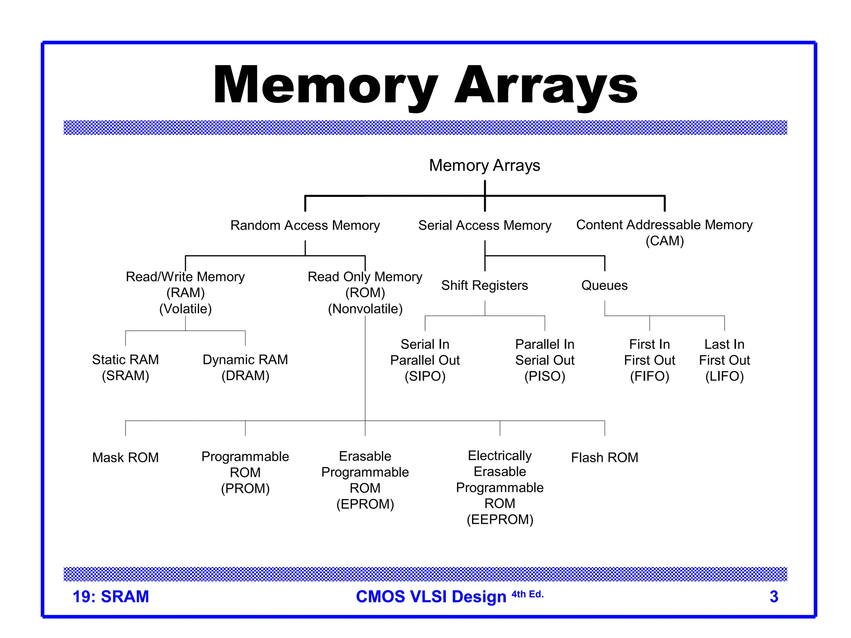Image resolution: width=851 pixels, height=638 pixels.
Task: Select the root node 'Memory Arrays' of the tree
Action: coord(485,165)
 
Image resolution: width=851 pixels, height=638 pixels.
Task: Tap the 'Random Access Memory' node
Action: coord(305,225)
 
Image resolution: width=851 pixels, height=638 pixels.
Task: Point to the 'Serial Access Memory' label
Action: coord(485,225)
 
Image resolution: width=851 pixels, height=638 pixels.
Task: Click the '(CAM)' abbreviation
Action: coord(664,241)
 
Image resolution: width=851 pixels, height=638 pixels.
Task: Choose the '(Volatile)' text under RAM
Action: coord(185,309)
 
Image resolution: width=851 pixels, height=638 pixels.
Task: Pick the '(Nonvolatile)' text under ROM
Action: coord(365,309)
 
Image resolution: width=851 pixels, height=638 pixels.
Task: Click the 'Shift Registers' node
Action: coord(485,285)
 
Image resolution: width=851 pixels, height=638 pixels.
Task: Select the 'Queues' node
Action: coord(604,285)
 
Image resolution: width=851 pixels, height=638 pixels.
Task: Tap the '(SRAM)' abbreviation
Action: coord(125,375)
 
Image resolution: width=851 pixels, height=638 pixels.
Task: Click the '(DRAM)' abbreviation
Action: coord(245,375)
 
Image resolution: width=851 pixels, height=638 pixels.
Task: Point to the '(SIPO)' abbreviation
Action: coord(425,376)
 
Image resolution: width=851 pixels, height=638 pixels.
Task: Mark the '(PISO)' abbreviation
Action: coord(545,376)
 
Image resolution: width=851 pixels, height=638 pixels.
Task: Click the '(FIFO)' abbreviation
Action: coord(649,376)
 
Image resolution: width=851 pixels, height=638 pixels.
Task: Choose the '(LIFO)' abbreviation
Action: coord(724,376)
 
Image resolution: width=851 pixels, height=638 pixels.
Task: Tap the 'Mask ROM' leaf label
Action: coord(125,457)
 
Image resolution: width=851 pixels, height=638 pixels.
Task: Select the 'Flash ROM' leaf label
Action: coord(605,457)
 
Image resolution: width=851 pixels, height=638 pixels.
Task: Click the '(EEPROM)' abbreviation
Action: coord(500,519)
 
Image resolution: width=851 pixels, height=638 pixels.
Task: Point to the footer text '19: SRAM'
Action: coord(111,596)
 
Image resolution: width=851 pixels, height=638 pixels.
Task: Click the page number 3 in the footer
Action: coord(774,596)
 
